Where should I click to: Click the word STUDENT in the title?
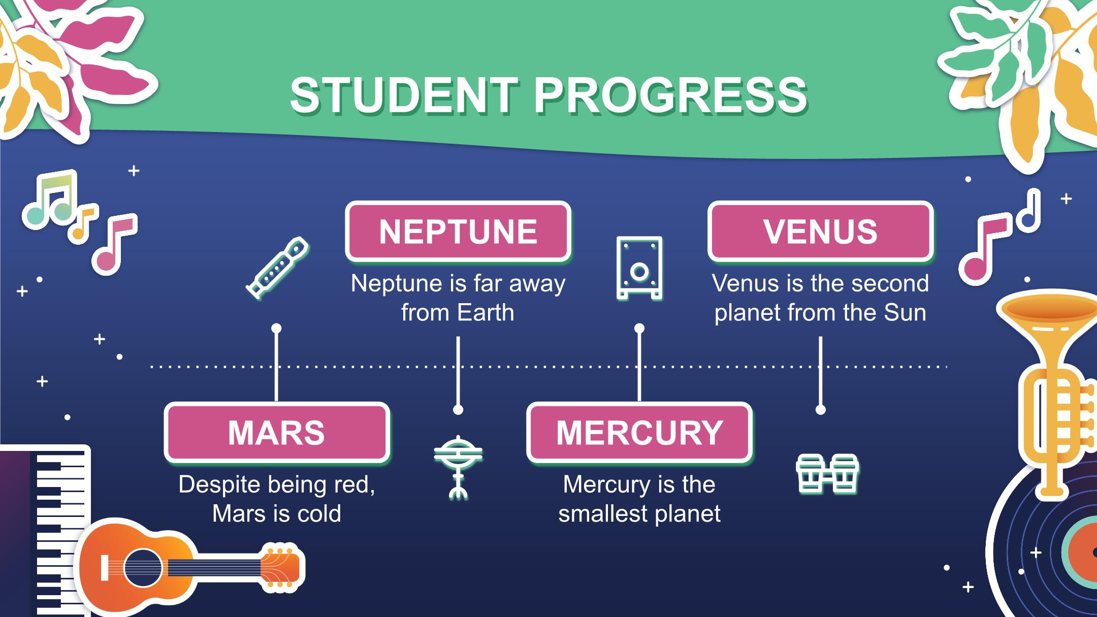pos(404,95)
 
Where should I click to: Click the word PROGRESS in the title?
pos(670,95)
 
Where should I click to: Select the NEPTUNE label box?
pos(458,232)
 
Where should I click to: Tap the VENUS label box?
pos(820,232)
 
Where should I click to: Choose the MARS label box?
pos(277,433)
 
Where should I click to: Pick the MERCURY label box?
pos(639,433)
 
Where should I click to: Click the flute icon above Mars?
pos(277,267)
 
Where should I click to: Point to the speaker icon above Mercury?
pos(639,267)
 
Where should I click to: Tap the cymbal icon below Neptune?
pos(458,467)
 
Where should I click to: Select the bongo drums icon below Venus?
pos(827,473)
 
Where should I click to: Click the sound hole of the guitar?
pos(143,568)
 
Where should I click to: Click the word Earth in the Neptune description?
pos(485,312)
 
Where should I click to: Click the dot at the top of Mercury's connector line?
pos(639,329)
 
